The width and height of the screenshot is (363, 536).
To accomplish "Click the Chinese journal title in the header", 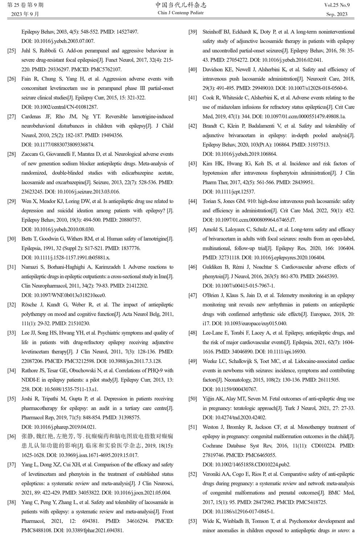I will pyautogui.click(x=181, y=5).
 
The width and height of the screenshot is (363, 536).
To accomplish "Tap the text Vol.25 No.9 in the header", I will pyautogui.click(x=337, y=5).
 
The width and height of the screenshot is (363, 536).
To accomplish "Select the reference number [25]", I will pyautogui.click(x=12, y=50).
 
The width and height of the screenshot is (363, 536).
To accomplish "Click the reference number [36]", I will pyautogui.click(x=12, y=436).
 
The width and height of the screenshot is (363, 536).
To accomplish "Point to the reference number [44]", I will pyautogui.click(x=193, y=201).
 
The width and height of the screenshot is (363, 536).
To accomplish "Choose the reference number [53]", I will pyautogui.click(x=193, y=521).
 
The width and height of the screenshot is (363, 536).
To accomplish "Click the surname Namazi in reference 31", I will pyautogui.click(x=30, y=267).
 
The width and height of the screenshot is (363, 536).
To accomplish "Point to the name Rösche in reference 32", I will pyautogui.click(x=30, y=305).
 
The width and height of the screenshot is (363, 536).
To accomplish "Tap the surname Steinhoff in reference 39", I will pyautogui.click(x=214, y=32).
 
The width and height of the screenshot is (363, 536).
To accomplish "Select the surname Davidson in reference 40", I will pyautogui.click(x=215, y=69).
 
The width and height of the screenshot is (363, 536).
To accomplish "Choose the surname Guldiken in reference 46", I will pyautogui.click(x=213, y=267).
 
